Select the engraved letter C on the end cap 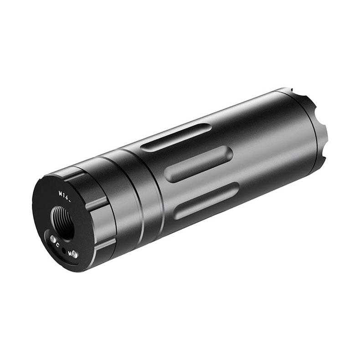(x=58, y=245)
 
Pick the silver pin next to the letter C (x=53, y=239)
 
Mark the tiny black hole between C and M (x=64, y=249)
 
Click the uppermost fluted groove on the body (x=175, y=138)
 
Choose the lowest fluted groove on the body (x=205, y=201)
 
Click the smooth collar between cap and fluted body (x=123, y=201)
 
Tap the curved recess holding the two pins (x=64, y=248)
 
